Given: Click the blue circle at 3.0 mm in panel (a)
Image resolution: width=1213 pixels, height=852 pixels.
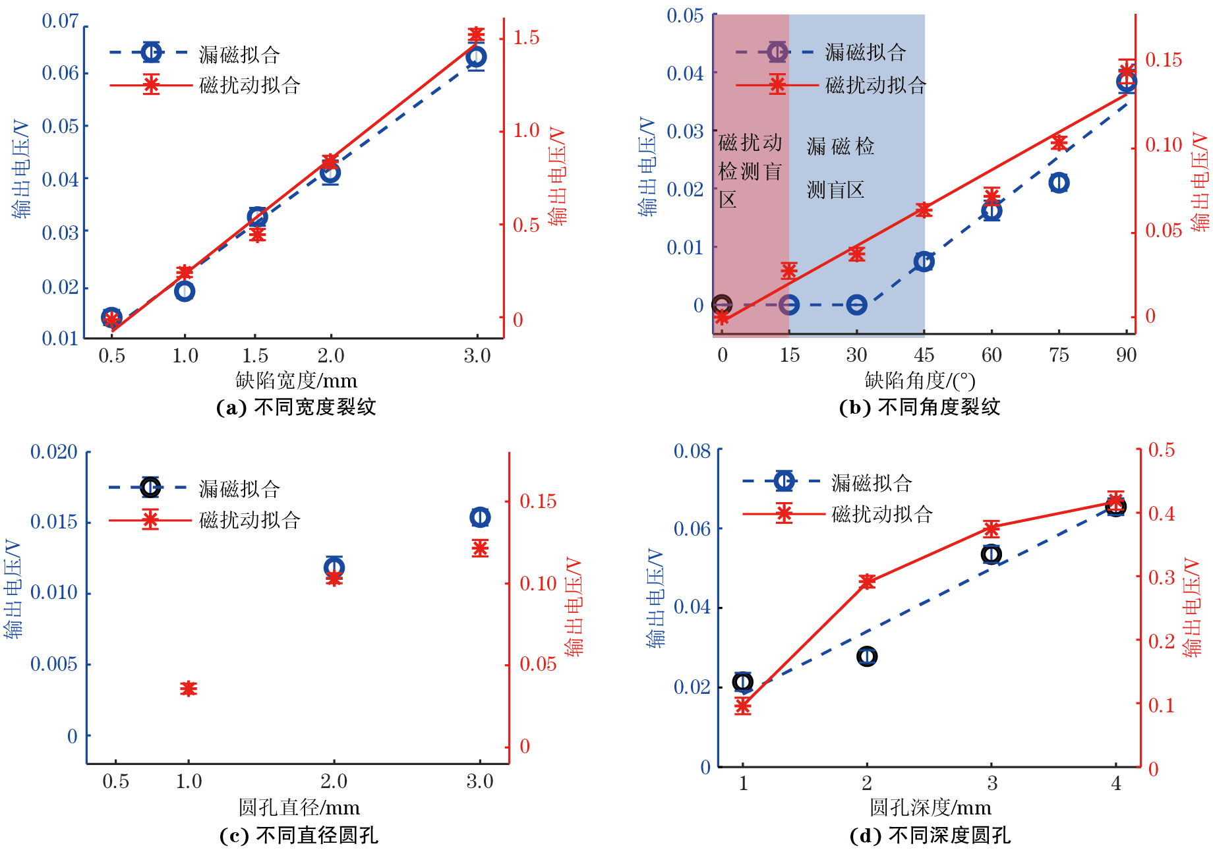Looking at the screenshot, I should pos(476,57).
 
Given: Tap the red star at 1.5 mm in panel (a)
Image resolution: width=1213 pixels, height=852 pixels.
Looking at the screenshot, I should pos(257,234).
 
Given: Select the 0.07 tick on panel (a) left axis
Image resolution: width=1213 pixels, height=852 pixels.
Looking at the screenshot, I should pos(60,21).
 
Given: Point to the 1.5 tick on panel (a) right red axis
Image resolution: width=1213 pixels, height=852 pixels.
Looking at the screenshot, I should pos(526,38).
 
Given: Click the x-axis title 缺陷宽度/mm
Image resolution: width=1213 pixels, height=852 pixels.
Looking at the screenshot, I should pos(296,380).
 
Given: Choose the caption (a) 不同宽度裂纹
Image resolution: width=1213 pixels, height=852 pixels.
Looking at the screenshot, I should pos(296,407).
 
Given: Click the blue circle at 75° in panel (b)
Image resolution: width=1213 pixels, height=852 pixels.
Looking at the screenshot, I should pos(1059,183).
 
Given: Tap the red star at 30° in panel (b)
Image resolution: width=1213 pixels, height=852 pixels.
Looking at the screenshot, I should pos(856,254).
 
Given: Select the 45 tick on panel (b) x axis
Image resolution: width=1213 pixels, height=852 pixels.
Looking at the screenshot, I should pos(924,355).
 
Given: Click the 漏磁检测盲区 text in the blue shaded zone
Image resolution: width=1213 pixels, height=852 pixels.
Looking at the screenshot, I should pos(840,167).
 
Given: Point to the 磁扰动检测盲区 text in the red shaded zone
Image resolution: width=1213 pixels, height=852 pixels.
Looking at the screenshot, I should pos(750,171).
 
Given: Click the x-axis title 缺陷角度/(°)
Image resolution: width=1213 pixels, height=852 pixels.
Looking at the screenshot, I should pos(920,380).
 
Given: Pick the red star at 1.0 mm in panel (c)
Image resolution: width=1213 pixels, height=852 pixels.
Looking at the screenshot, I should pos(189,689).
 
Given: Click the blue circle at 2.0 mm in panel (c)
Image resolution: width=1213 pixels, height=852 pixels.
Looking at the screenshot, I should pos(334,567).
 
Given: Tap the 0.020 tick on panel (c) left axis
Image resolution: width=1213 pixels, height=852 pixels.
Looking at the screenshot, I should pos(54,452).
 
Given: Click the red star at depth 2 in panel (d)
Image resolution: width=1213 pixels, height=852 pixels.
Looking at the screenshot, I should pos(867,581).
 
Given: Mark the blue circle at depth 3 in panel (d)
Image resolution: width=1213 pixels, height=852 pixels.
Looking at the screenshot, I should pos(991,554).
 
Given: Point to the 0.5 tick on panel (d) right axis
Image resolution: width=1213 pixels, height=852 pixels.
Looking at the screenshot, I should pos(1161,450).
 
